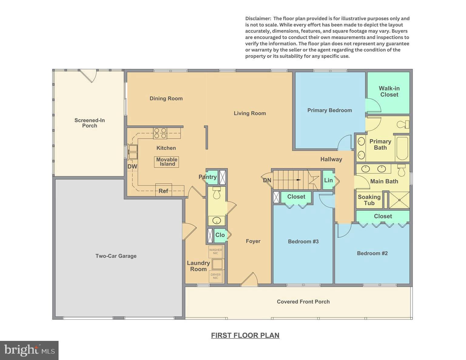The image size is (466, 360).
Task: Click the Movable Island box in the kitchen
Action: (x=167, y=162)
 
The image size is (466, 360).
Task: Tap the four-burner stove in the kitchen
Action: (x=160, y=133)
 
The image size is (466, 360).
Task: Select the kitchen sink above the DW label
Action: (x=133, y=152)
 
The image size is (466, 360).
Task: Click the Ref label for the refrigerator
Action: (x=163, y=191)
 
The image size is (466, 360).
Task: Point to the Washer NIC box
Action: (x=216, y=251)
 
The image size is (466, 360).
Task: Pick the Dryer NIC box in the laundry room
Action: (x=216, y=276)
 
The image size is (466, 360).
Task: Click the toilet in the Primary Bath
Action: (x=403, y=124)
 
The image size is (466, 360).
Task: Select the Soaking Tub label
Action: (x=369, y=200)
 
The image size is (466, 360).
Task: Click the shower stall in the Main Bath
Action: (x=399, y=200)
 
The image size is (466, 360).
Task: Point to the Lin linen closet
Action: (x=328, y=180)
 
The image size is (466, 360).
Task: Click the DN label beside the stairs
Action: (x=267, y=180)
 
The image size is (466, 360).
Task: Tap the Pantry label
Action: (x=208, y=177)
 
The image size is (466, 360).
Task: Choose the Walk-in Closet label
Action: (x=389, y=91)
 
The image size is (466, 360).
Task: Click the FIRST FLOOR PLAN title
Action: (x=245, y=335)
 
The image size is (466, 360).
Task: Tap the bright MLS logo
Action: (x=29, y=350)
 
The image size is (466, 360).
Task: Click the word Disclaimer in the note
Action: (x=258, y=19)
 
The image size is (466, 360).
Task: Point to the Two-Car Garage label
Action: (x=116, y=256)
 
